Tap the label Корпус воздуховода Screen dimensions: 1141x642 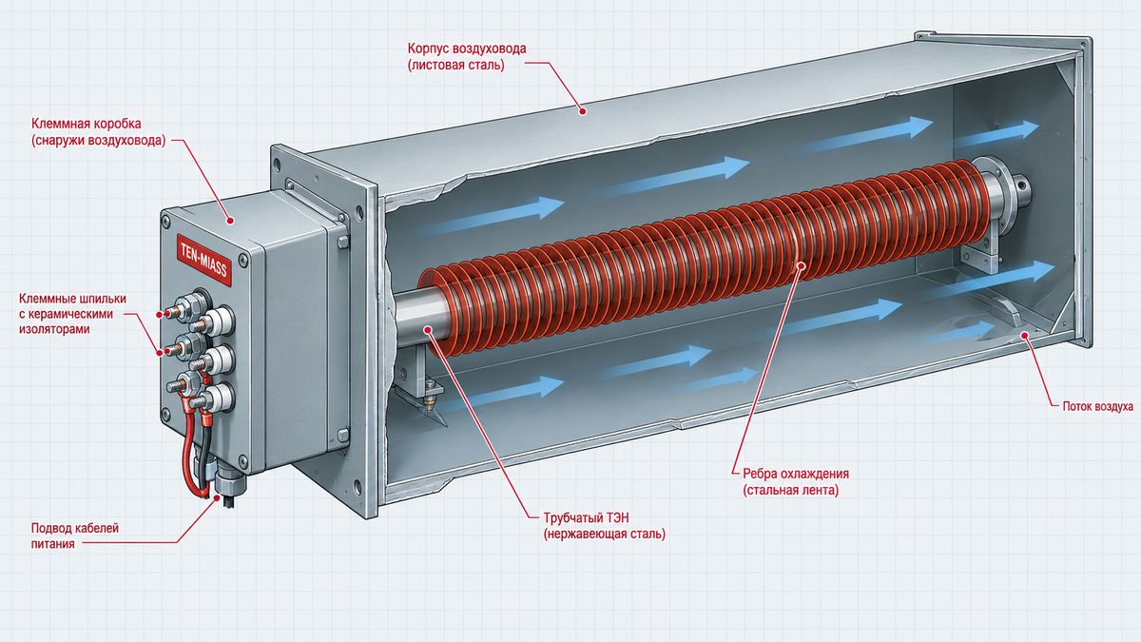tap(467, 49)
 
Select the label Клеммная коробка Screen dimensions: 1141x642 tap(87, 124)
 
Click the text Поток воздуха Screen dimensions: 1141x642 tap(1097, 407)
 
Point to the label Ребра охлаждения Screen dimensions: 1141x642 tap(796, 474)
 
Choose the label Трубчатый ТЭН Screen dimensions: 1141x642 tap(586, 517)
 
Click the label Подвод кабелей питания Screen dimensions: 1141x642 tap(75, 535)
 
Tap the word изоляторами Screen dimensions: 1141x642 tap(54, 329)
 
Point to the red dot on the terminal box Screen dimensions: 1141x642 tap(230, 221)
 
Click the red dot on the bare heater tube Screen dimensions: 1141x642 tap(428, 330)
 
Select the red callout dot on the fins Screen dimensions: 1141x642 tap(801, 264)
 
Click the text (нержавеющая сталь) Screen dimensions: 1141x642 tap(604, 535)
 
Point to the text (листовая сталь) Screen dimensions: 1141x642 tap(455, 66)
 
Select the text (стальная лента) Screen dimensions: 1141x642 tap(790, 490)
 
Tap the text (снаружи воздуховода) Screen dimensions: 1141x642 tap(98, 141)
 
